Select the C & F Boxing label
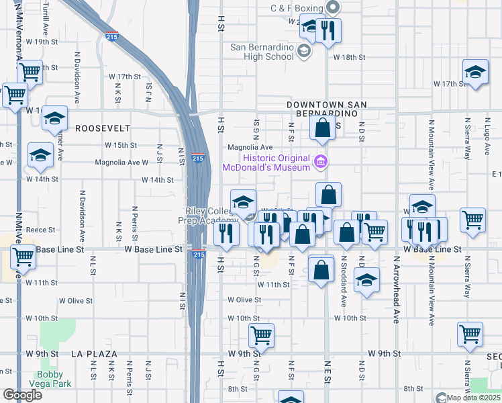point(297,8)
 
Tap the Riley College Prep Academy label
point(211,216)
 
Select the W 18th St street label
point(349,58)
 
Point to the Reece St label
point(40,230)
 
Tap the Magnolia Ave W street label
point(121,162)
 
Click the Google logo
point(22,395)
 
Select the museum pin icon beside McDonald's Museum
point(320,161)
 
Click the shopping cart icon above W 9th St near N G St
point(261,334)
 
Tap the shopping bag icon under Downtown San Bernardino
point(322,128)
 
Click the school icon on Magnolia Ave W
point(41,155)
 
